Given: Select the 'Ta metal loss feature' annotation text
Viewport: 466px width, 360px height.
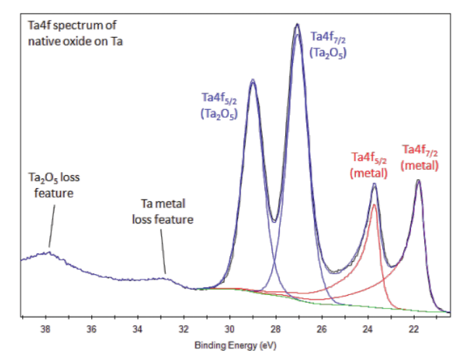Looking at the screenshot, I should pos(162,213).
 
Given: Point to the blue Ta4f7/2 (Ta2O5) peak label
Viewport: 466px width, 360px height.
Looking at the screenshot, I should pos(329,43).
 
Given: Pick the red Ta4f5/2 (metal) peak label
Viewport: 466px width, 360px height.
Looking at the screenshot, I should pos(370,164).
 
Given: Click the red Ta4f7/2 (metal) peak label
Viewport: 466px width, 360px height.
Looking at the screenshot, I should pos(420,157).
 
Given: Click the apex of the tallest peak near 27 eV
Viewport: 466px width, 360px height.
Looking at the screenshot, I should pos(297,25).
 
